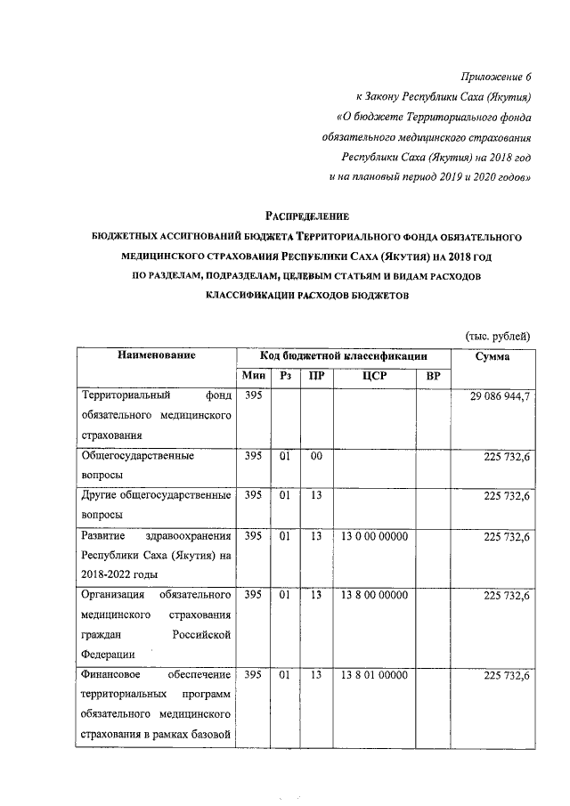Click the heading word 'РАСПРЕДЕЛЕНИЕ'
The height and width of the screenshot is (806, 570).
pos(307,216)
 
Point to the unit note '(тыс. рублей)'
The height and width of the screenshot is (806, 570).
pos(499,336)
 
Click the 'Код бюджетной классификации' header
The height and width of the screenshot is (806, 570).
pos(344,355)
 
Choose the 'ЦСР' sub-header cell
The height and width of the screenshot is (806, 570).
pos(374,377)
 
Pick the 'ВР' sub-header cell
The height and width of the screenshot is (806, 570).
pos(434,377)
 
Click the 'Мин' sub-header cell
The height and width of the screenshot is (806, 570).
pos(252,377)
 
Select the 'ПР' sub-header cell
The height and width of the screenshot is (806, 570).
pos(316,377)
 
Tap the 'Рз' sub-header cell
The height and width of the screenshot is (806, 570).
pos(286,377)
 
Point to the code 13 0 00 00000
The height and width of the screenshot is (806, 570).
pos(374,537)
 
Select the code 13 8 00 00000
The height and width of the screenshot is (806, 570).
pos(374,595)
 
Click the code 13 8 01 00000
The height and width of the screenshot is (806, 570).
pos(374,676)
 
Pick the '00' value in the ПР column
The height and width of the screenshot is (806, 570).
pos(316,456)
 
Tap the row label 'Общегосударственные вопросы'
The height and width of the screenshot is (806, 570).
pos(138,466)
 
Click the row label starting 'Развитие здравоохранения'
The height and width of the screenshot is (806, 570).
pos(156,556)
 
